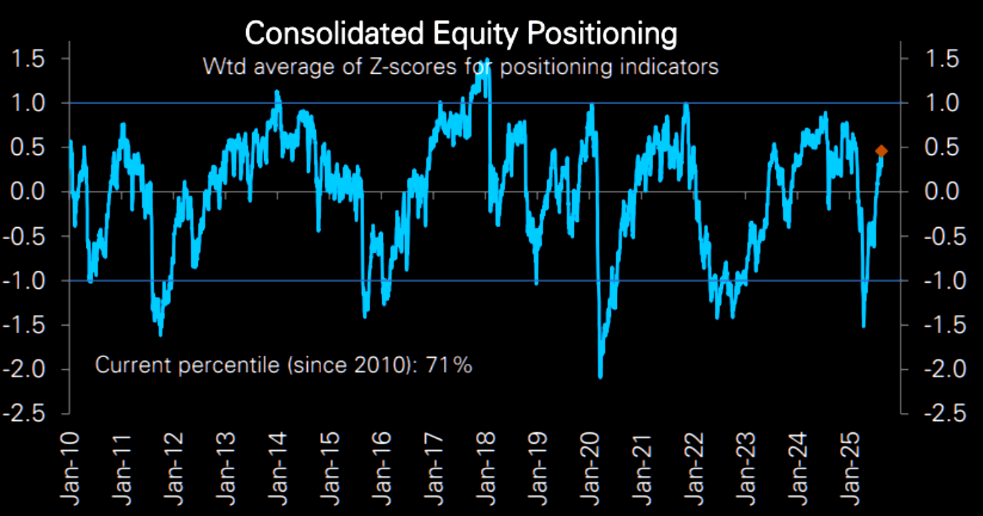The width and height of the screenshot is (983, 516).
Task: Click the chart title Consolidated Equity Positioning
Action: pyautogui.click(x=460, y=34)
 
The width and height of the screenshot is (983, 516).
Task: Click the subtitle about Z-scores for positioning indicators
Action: pyautogui.click(x=460, y=67)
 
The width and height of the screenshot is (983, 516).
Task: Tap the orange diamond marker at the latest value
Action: pyautogui.click(x=881, y=151)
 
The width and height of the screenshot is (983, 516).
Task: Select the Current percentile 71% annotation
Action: pyautogui.click(x=284, y=365)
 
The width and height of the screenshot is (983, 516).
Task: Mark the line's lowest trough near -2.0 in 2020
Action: pyautogui.click(x=600, y=377)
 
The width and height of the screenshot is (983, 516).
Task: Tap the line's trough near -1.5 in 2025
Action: pyautogui.click(x=864, y=326)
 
